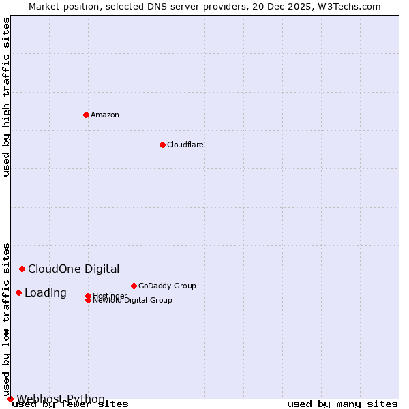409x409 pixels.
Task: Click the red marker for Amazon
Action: (86, 115)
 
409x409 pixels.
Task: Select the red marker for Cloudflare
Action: (162, 145)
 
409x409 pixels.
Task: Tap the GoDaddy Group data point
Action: (134, 286)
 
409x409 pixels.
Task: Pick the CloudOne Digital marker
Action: (22, 269)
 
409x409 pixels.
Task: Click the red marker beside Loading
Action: (18, 292)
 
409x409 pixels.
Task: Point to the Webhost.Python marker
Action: (10, 399)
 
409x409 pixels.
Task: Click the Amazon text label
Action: (105, 115)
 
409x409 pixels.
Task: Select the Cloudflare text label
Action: (185, 145)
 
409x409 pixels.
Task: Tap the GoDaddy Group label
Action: (167, 286)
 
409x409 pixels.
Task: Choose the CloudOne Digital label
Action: (74, 269)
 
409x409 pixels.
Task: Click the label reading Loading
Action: (46, 292)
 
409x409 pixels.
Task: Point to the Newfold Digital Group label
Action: (133, 301)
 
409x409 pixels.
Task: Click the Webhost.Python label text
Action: (61, 399)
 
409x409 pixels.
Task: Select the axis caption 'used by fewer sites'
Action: (70, 404)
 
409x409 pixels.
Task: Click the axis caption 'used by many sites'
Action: (342, 404)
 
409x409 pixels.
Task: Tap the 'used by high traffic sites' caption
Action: (6, 97)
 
